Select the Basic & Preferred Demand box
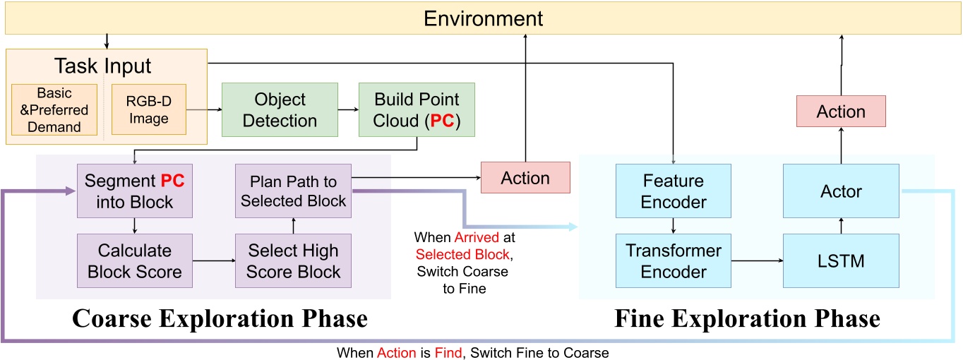click(x=54, y=110)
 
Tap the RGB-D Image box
click(x=148, y=110)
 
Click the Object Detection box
click(x=279, y=109)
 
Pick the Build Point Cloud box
click(x=416, y=109)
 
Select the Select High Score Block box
click(x=293, y=260)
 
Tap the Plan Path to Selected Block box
click(x=293, y=190)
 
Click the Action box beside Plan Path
click(x=525, y=178)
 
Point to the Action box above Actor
click(x=841, y=112)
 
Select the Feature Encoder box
click(x=674, y=191)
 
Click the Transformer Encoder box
click(x=674, y=261)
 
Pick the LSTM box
click(x=841, y=261)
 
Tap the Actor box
click(x=841, y=191)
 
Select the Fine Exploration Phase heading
click(x=748, y=318)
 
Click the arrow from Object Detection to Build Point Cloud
click(x=345, y=109)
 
